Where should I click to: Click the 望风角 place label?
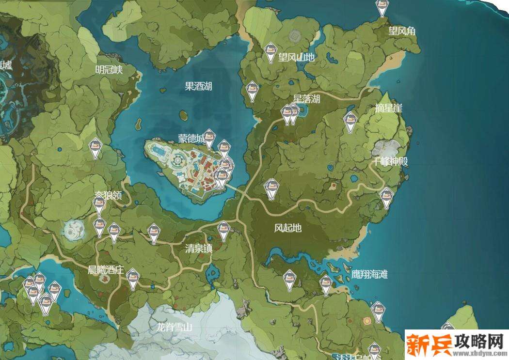(x=402, y=31)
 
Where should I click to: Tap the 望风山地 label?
(x=296, y=58)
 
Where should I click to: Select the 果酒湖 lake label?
(x=198, y=87)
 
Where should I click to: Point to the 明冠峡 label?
(x=109, y=70)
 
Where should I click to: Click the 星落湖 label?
(x=306, y=99)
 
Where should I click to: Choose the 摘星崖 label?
(x=388, y=109)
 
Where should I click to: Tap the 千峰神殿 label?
(x=390, y=162)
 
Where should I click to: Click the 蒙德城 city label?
(x=191, y=139)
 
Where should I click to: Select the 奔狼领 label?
(x=107, y=195)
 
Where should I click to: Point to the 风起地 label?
(x=288, y=227)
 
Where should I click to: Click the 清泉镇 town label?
(x=199, y=249)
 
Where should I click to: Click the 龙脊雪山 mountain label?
(x=175, y=327)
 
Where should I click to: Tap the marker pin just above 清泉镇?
(x=223, y=230)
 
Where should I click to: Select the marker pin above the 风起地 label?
(x=270, y=188)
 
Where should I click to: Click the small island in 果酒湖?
(x=184, y=116)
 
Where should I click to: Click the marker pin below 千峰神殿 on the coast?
(x=386, y=197)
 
